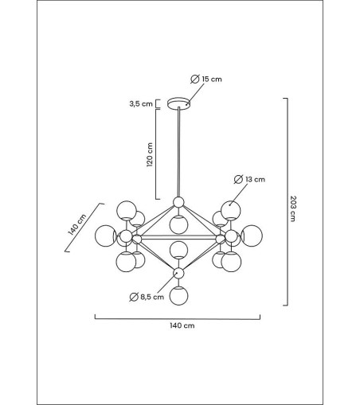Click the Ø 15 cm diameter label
[206, 79]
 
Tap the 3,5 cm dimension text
[141, 103]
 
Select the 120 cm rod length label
[150, 154]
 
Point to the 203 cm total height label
[292, 208]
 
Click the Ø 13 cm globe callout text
[249, 179]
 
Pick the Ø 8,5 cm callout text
[147, 297]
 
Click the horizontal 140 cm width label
[182, 325]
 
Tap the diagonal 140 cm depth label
[77, 224]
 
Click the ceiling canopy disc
[179, 103]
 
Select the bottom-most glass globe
[179, 295]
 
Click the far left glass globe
[106, 236]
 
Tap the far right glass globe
[252, 236]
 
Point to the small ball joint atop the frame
[178, 202]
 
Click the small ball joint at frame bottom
[178, 273]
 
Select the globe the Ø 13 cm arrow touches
[231, 210]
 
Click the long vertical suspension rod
[179, 152]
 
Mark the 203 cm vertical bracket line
[288, 201]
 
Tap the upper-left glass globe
[127, 210]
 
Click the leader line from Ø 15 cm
[195, 94]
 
